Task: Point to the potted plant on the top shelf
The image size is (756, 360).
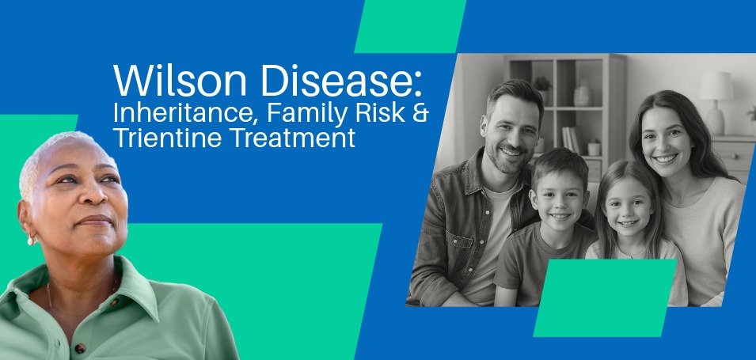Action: [542, 83]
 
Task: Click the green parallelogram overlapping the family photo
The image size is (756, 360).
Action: [606, 297]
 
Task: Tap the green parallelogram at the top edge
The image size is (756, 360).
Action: [409, 25]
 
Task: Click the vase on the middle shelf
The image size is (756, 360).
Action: [583, 96]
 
